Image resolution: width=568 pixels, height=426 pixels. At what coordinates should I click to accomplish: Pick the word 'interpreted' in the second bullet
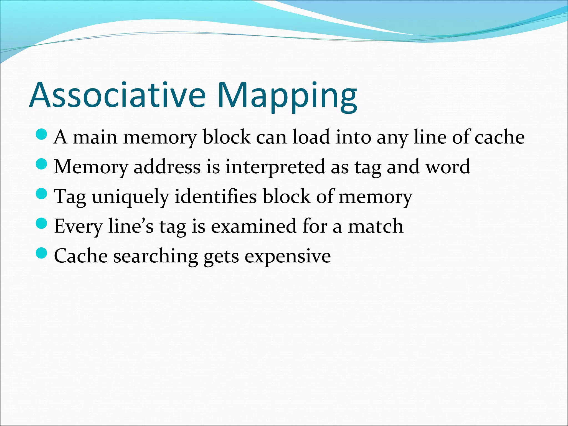275,167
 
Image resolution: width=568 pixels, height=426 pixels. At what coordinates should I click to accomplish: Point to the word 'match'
376,226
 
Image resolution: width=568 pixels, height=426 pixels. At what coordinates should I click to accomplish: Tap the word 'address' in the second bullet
167,167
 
